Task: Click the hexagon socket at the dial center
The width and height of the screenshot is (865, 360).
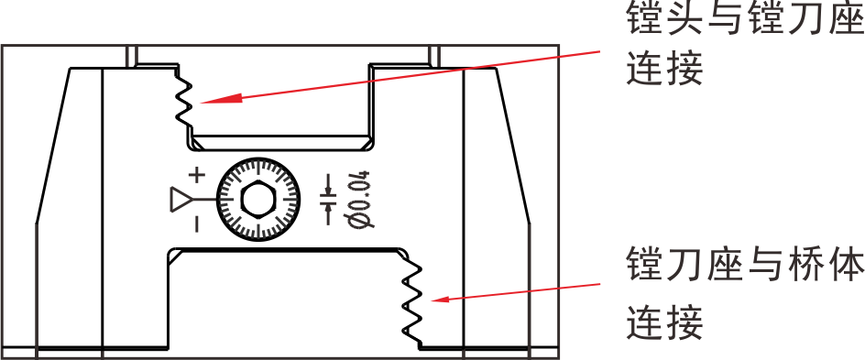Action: point(257,199)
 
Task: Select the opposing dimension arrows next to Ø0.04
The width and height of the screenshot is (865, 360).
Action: point(329,199)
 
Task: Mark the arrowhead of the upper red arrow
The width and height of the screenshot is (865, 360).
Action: point(203,100)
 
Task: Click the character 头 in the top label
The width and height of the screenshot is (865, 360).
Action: point(684,19)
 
